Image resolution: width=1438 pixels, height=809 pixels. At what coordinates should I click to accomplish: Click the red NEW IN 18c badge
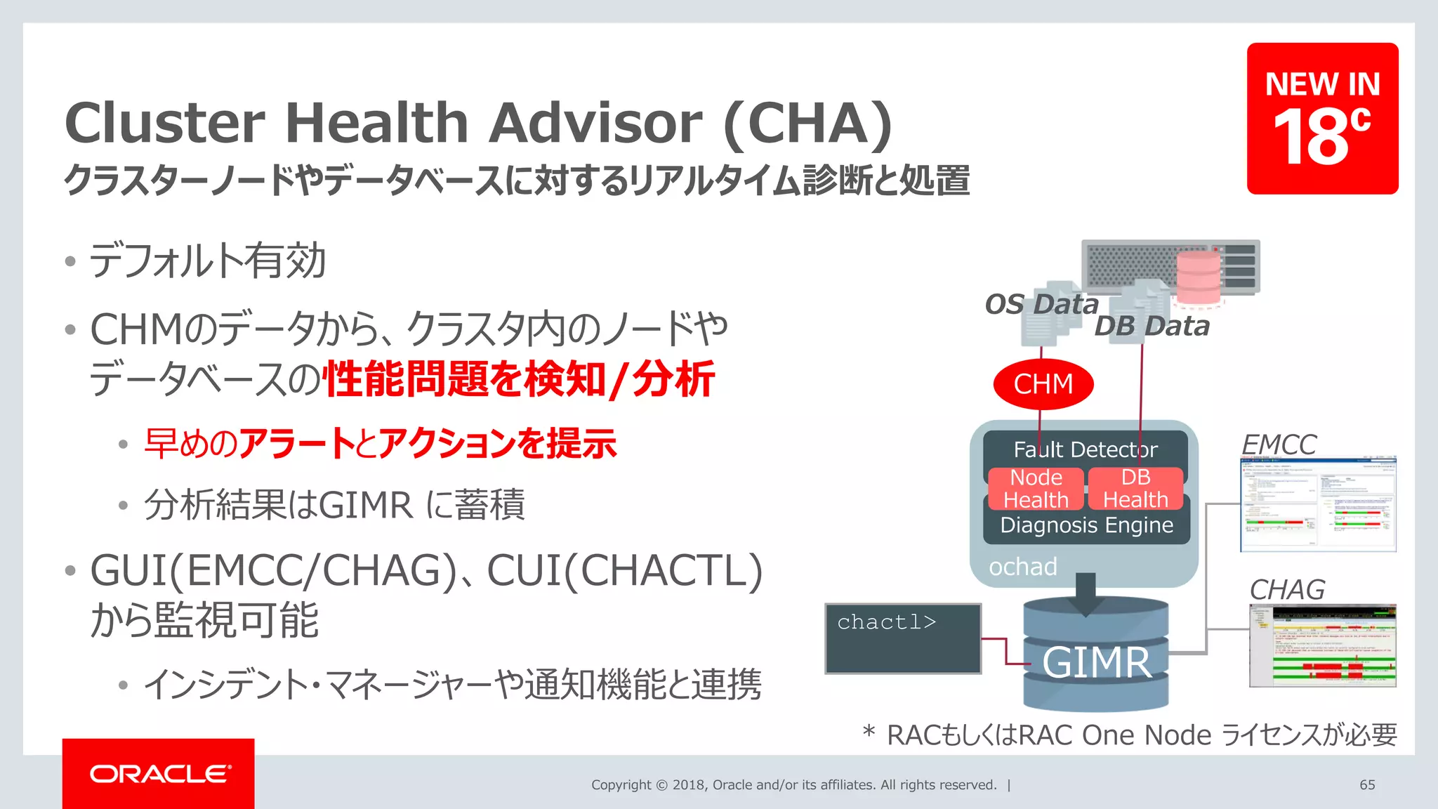tap(1322, 118)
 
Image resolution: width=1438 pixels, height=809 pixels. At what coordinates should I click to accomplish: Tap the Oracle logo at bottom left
tap(159, 773)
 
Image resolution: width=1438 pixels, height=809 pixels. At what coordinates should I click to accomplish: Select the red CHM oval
tap(1043, 384)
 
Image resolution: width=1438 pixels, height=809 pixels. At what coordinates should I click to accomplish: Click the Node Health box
tap(1036, 488)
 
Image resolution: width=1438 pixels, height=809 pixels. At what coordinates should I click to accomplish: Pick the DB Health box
tap(1135, 488)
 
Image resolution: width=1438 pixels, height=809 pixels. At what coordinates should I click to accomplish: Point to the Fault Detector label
tap(1086, 449)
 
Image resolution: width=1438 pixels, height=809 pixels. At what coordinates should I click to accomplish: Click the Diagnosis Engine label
tap(1086, 525)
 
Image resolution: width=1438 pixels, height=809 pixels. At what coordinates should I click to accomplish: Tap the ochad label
tap(1023, 567)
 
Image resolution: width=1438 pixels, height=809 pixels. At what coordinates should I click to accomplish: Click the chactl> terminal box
tap(903, 638)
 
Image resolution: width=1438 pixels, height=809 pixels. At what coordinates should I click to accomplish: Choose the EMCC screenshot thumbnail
tap(1318, 504)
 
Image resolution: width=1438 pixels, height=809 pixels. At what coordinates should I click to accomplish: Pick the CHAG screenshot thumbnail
tap(1322, 645)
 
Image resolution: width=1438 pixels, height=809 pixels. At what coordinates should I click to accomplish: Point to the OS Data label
tap(1041, 304)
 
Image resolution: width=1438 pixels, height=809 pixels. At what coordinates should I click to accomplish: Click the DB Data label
tap(1152, 327)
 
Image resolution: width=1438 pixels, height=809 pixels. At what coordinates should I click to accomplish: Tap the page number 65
tap(1367, 784)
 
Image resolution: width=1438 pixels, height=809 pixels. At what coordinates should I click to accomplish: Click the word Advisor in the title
tap(595, 123)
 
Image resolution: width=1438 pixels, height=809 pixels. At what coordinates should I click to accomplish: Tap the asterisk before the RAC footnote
tap(869, 732)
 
